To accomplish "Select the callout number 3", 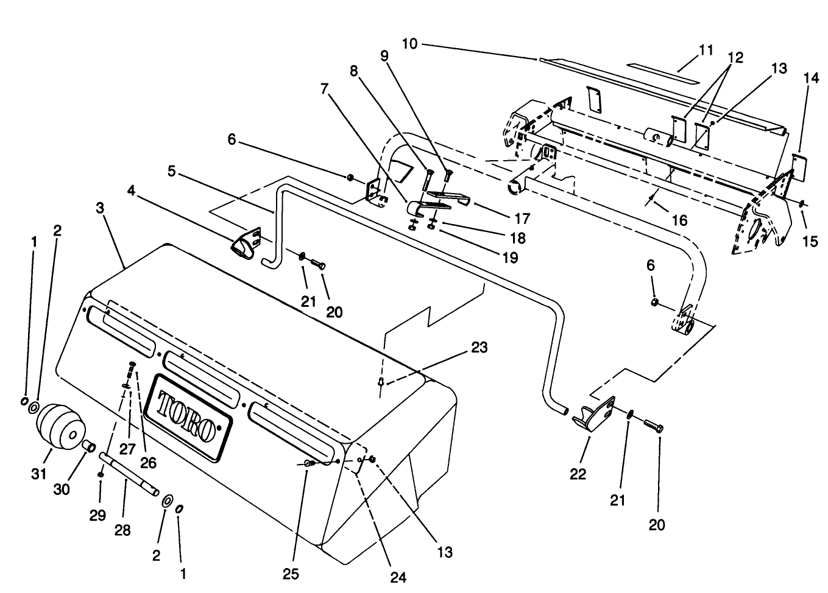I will [x=100, y=208].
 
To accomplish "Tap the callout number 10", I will [x=410, y=44].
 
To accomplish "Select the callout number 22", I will [x=578, y=473].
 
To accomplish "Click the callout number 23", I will [x=479, y=348].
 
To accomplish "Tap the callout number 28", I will [x=122, y=531].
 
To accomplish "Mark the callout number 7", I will [x=324, y=89].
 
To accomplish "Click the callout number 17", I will [x=522, y=218].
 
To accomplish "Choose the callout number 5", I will [x=172, y=172].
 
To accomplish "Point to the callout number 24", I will [x=398, y=577].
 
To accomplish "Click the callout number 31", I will [x=39, y=473].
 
